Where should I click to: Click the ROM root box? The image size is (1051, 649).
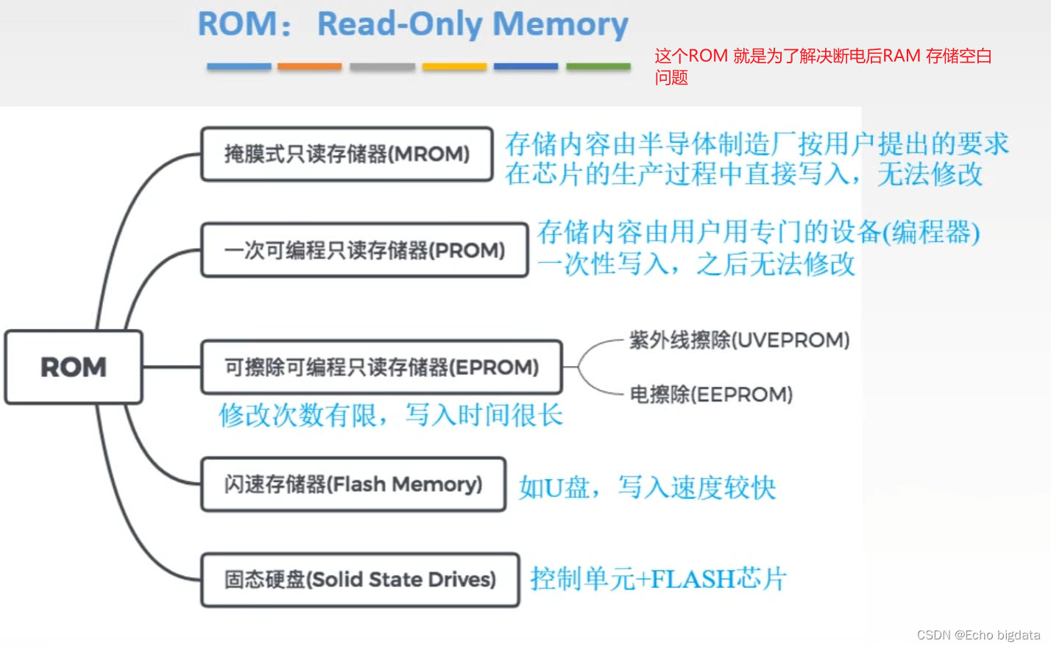tap(74, 367)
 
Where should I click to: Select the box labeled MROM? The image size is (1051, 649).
tap(347, 154)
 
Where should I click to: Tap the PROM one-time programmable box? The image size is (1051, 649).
tap(364, 250)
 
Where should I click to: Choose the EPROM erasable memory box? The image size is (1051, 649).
tap(381, 367)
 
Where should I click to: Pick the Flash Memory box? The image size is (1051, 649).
tap(353, 484)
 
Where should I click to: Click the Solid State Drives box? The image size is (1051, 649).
tap(360, 580)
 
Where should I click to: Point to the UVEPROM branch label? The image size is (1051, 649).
tap(739, 340)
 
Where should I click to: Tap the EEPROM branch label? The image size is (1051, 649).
tap(711, 394)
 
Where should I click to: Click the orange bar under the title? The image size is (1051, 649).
tap(310, 66)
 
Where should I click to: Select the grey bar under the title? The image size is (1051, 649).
tap(382, 66)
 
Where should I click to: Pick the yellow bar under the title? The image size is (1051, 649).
tap(454, 66)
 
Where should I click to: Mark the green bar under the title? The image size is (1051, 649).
tap(598, 66)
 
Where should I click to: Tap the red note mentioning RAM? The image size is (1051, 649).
tap(823, 65)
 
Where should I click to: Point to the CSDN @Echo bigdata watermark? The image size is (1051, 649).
tap(978, 635)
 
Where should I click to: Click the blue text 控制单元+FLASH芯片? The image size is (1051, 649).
tap(659, 579)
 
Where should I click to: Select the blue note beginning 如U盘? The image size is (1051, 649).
tap(647, 487)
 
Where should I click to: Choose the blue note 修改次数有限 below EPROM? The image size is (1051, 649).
tap(391, 415)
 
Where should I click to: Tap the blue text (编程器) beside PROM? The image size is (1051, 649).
tap(932, 233)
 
